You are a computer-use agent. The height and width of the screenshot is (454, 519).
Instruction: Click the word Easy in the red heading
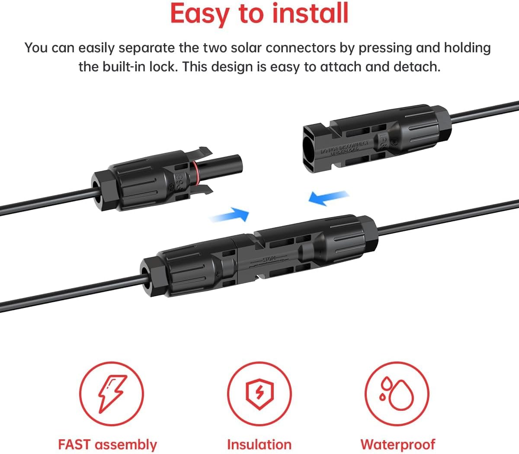[x=199, y=13]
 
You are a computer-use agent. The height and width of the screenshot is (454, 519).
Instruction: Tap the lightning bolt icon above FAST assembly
[x=112, y=393]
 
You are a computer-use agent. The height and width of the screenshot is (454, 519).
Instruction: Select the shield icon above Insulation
[x=259, y=393]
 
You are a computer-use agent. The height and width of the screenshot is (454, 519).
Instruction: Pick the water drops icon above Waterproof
[x=397, y=393]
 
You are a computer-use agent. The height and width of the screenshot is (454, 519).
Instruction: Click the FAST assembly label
[x=107, y=444]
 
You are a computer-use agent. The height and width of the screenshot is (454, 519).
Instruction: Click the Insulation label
[x=259, y=444]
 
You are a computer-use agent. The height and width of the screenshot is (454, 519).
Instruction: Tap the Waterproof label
[x=397, y=444]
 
